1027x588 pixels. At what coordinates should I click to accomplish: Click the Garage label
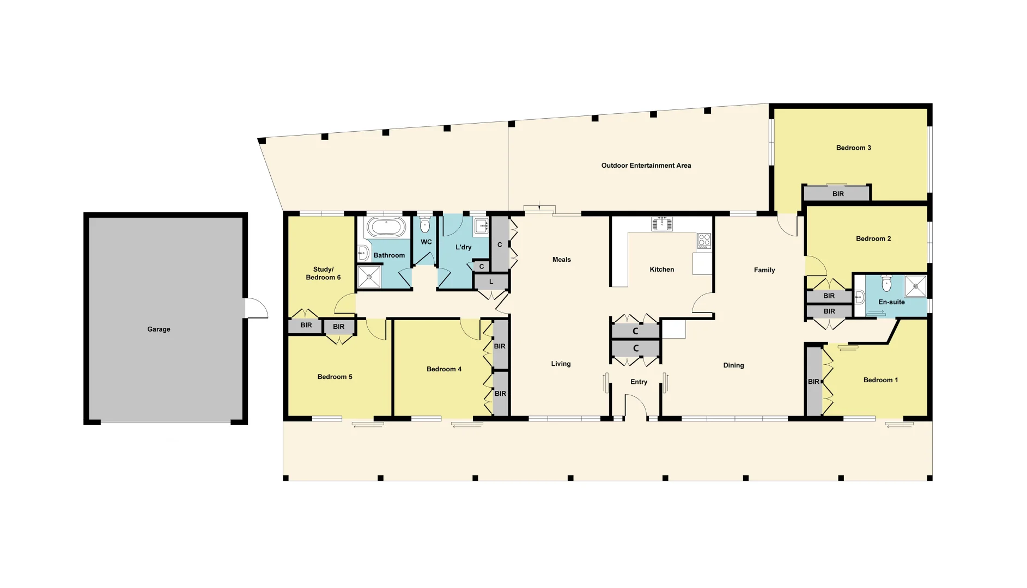159,329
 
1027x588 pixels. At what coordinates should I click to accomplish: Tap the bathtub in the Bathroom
386,227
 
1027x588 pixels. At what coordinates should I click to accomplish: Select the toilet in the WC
425,225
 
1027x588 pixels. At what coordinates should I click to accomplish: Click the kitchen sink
662,223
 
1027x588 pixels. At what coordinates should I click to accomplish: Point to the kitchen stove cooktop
704,241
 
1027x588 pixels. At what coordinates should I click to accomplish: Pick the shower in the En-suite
915,286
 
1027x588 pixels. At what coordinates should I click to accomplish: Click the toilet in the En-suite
886,283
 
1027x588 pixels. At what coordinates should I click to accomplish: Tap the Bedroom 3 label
853,148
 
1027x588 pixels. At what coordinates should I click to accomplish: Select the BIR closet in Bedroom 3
837,194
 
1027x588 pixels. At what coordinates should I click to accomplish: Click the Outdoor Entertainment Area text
646,166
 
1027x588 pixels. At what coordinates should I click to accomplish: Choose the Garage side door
256,308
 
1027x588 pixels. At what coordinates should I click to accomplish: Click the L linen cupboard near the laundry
491,282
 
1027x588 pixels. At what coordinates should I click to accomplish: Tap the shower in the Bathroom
369,277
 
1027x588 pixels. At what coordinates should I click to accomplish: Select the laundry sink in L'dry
481,226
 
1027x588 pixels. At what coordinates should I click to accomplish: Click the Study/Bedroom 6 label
323,273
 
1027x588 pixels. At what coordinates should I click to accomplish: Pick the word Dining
733,365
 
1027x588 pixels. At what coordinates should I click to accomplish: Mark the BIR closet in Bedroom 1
813,382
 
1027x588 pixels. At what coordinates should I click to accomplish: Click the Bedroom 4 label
443,369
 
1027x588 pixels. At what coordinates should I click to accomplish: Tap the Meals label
561,260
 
